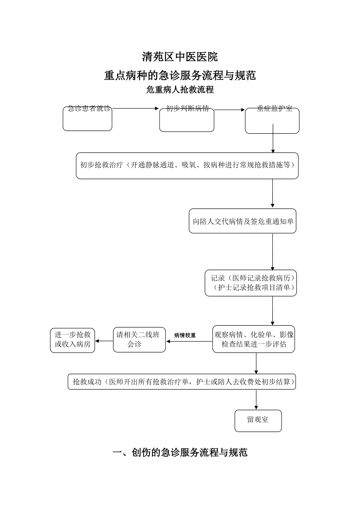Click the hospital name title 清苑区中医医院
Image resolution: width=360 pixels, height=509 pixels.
click(x=180, y=57)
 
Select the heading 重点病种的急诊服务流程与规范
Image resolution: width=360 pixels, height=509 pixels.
click(x=180, y=75)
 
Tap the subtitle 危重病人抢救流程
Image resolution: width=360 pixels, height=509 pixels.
click(x=180, y=90)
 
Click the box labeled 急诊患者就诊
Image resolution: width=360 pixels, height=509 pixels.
click(x=88, y=119)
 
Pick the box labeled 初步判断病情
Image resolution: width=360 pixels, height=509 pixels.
click(x=187, y=119)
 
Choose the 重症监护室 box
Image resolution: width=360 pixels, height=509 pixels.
click(x=272, y=120)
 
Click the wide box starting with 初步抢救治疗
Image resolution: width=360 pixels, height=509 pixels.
click(x=187, y=166)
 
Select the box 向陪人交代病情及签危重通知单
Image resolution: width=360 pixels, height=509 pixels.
click(x=243, y=221)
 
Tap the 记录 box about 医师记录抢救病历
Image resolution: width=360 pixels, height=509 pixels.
click(x=250, y=283)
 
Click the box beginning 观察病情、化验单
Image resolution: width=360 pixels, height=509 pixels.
click(x=254, y=339)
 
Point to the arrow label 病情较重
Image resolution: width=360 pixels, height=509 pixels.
click(x=185, y=336)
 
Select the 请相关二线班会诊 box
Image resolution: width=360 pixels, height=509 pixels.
click(x=139, y=340)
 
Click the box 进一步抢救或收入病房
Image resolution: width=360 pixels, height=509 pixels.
click(x=73, y=340)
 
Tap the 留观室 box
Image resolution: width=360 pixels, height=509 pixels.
click(x=258, y=420)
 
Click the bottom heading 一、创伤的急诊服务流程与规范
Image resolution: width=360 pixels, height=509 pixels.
click(x=180, y=453)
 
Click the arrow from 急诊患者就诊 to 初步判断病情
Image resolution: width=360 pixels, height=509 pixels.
click(x=135, y=109)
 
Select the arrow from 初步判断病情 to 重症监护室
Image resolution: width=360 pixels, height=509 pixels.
click(x=229, y=110)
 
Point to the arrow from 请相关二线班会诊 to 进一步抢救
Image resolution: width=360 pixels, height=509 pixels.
click(x=104, y=341)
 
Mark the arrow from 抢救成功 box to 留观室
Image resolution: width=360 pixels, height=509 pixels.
click(x=257, y=400)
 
